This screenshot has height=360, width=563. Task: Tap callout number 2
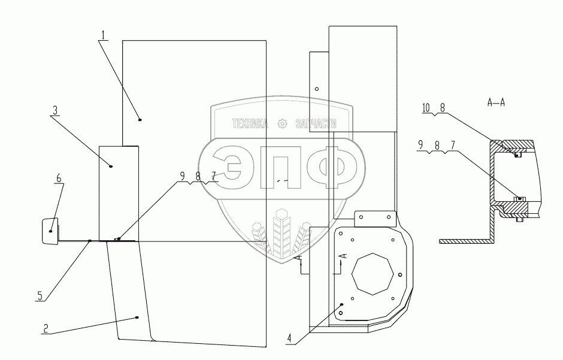coord(45,328)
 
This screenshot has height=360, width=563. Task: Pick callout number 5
coord(40,295)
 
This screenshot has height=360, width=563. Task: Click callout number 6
coord(58,179)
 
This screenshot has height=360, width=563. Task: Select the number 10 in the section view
coord(426,108)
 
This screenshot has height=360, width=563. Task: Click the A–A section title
coord(496,102)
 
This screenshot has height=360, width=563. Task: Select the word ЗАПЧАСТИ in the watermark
coord(316,123)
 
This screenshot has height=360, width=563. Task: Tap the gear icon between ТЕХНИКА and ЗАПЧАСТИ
coord(283,123)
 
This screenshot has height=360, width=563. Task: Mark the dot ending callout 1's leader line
coord(140,120)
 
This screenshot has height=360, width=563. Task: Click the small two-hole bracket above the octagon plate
coord(375,219)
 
